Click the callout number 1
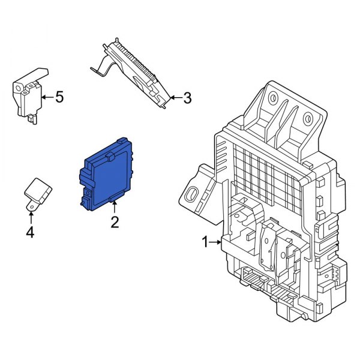[205, 242]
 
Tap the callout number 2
[114, 223]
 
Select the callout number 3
[187, 97]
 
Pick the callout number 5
[58, 97]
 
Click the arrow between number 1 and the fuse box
[216, 242]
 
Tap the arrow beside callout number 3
[175, 97]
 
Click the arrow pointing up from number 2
[114, 209]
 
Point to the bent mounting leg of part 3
[99, 67]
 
